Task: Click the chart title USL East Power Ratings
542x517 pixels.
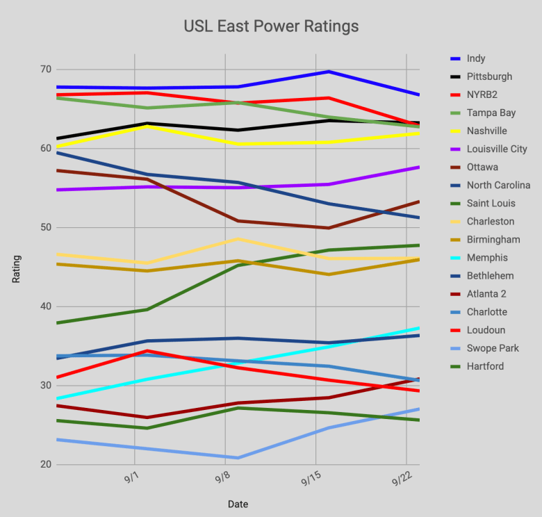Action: (x=271, y=26)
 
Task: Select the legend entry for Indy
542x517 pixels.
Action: (x=476, y=58)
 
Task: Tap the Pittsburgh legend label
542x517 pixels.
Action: (x=489, y=76)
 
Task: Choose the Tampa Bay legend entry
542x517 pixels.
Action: (x=491, y=113)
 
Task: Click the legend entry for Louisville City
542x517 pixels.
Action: (x=497, y=149)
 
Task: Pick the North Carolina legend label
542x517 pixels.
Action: (x=498, y=185)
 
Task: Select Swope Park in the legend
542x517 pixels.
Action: (x=493, y=348)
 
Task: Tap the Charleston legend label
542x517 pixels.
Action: (x=491, y=221)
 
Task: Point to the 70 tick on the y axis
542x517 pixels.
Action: (x=45, y=69)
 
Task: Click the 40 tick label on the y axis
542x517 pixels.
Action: (x=45, y=306)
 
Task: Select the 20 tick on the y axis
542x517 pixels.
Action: (x=45, y=464)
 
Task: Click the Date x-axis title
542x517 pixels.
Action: (x=238, y=504)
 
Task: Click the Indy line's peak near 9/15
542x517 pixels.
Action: (x=329, y=72)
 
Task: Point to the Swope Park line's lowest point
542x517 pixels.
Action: (x=238, y=458)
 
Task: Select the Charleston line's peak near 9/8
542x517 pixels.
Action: (x=238, y=239)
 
